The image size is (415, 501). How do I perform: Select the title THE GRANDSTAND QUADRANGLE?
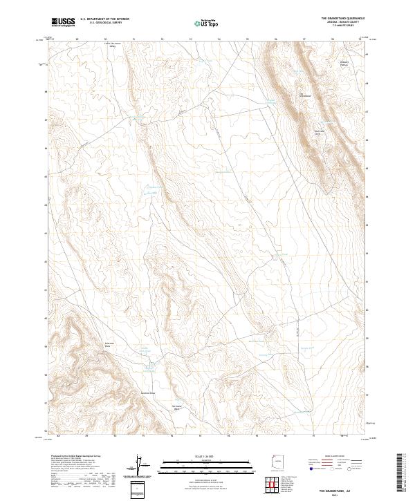point(342,17)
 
